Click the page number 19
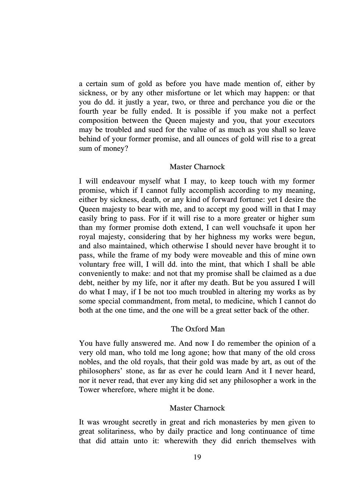click(197, 457)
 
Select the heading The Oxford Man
click(198, 328)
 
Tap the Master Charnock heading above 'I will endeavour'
click(197, 167)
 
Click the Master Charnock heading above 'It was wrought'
click(197, 408)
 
